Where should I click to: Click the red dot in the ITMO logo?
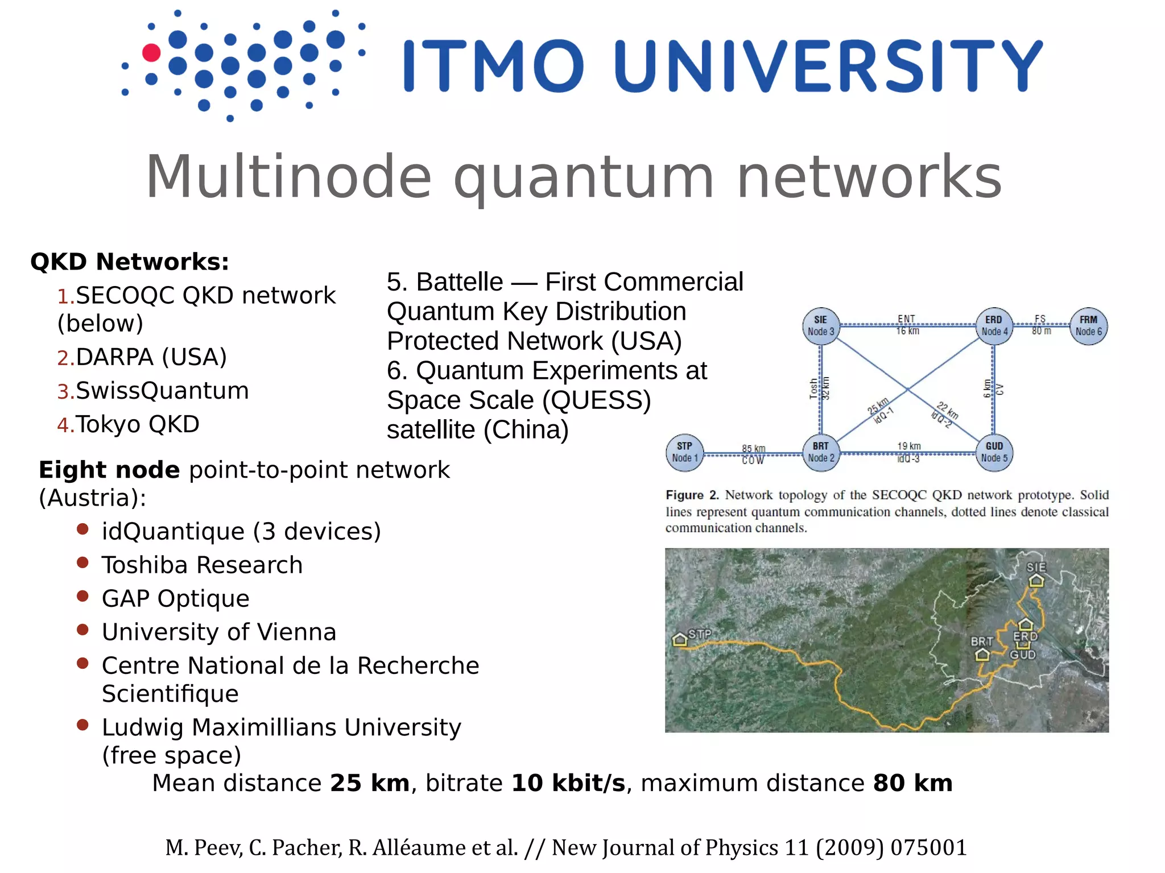(x=151, y=52)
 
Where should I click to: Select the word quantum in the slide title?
(x=583, y=177)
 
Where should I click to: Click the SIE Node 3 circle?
(x=820, y=326)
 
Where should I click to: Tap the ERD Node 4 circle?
(x=994, y=326)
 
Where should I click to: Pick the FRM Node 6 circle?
(x=1088, y=326)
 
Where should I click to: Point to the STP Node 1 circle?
(x=684, y=453)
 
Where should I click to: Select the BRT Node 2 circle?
(x=820, y=453)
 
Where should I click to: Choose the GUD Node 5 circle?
(x=994, y=453)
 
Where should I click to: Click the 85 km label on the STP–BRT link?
(x=753, y=449)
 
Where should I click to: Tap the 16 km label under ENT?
(x=907, y=331)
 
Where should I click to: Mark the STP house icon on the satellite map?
(x=680, y=640)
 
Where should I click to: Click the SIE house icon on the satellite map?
(x=1036, y=580)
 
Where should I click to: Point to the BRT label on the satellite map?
(x=982, y=642)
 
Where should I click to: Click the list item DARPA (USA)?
(x=151, y=357)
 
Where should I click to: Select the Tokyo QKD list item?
(x=137, y=424)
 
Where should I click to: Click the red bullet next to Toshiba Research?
(x=82, y=563)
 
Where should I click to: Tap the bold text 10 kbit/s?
(x=568, y=783)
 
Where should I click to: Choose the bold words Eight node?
(x=109, y=470)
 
